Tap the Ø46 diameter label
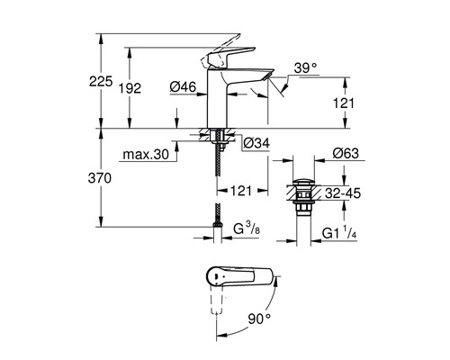pos(183,86)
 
